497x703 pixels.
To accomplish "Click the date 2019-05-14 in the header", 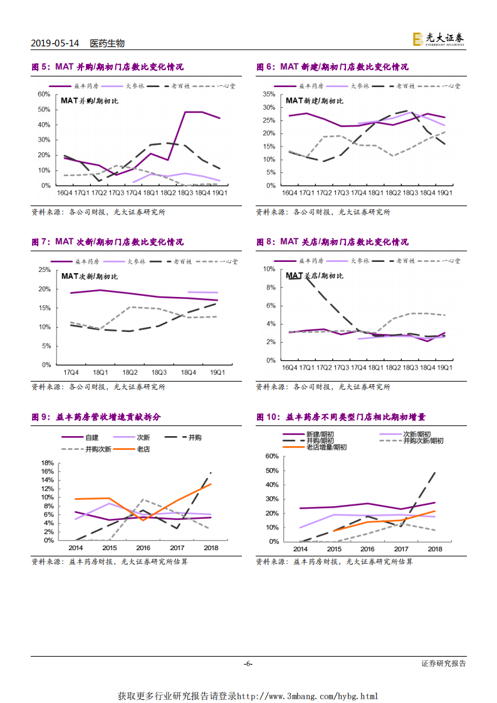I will point(55,43).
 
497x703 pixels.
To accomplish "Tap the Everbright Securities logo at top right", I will point(438,39).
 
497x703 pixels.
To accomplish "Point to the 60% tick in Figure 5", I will point(44,94).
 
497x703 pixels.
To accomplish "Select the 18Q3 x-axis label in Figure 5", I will point(186,194).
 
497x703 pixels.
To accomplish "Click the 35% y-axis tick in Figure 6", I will point(269,94).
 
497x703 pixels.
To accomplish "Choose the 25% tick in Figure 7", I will point(44,269).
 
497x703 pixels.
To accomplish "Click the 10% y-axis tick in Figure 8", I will point(269,269).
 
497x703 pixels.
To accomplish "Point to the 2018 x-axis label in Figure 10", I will point(434,548).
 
